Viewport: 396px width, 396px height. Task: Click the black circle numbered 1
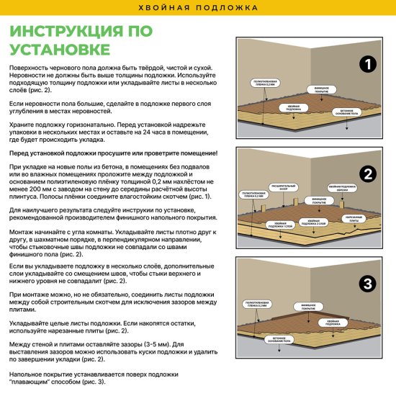[x=367, y=66]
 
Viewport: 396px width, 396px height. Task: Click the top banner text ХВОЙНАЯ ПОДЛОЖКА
[x=197, y=8]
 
